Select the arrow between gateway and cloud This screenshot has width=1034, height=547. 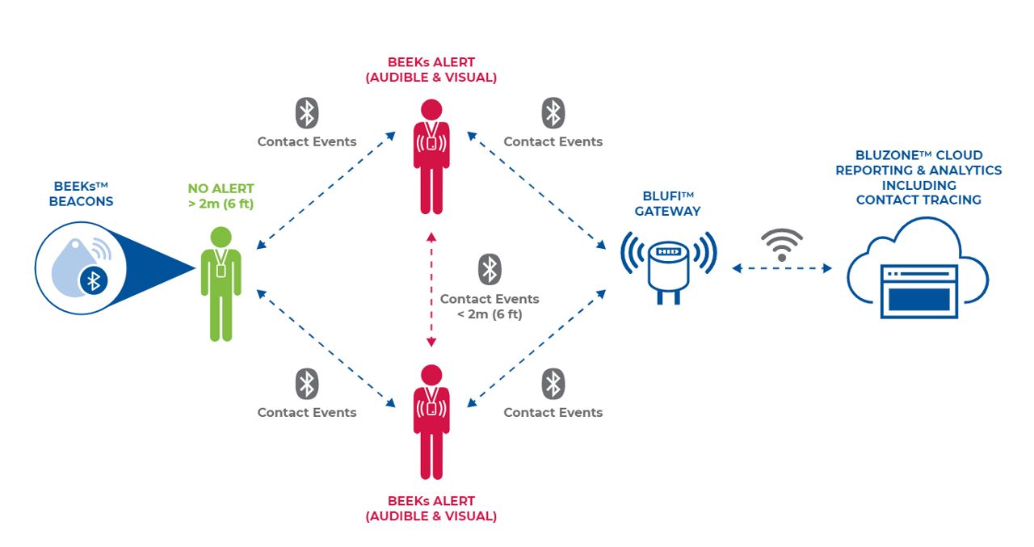point(782,268)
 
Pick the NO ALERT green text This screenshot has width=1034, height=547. point(221,189)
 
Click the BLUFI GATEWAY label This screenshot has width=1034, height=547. point(667,204)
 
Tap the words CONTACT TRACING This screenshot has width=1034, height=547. point(918,200)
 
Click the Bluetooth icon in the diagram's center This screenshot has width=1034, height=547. point(490,269)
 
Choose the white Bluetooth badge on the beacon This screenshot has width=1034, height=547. point(94,281)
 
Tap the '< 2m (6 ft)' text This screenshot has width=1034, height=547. point(490,314)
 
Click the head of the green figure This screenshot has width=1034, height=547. point(221,237)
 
